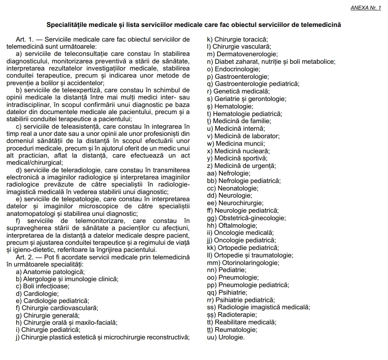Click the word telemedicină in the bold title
click(x=321, y=25)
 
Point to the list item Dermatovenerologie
click(x=246, y=54)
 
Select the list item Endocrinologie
click(x=238, y=69)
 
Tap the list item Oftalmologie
click(x=237, y=225)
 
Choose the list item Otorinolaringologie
click(x=249, y=263)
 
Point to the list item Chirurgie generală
click(x=52, y=316)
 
